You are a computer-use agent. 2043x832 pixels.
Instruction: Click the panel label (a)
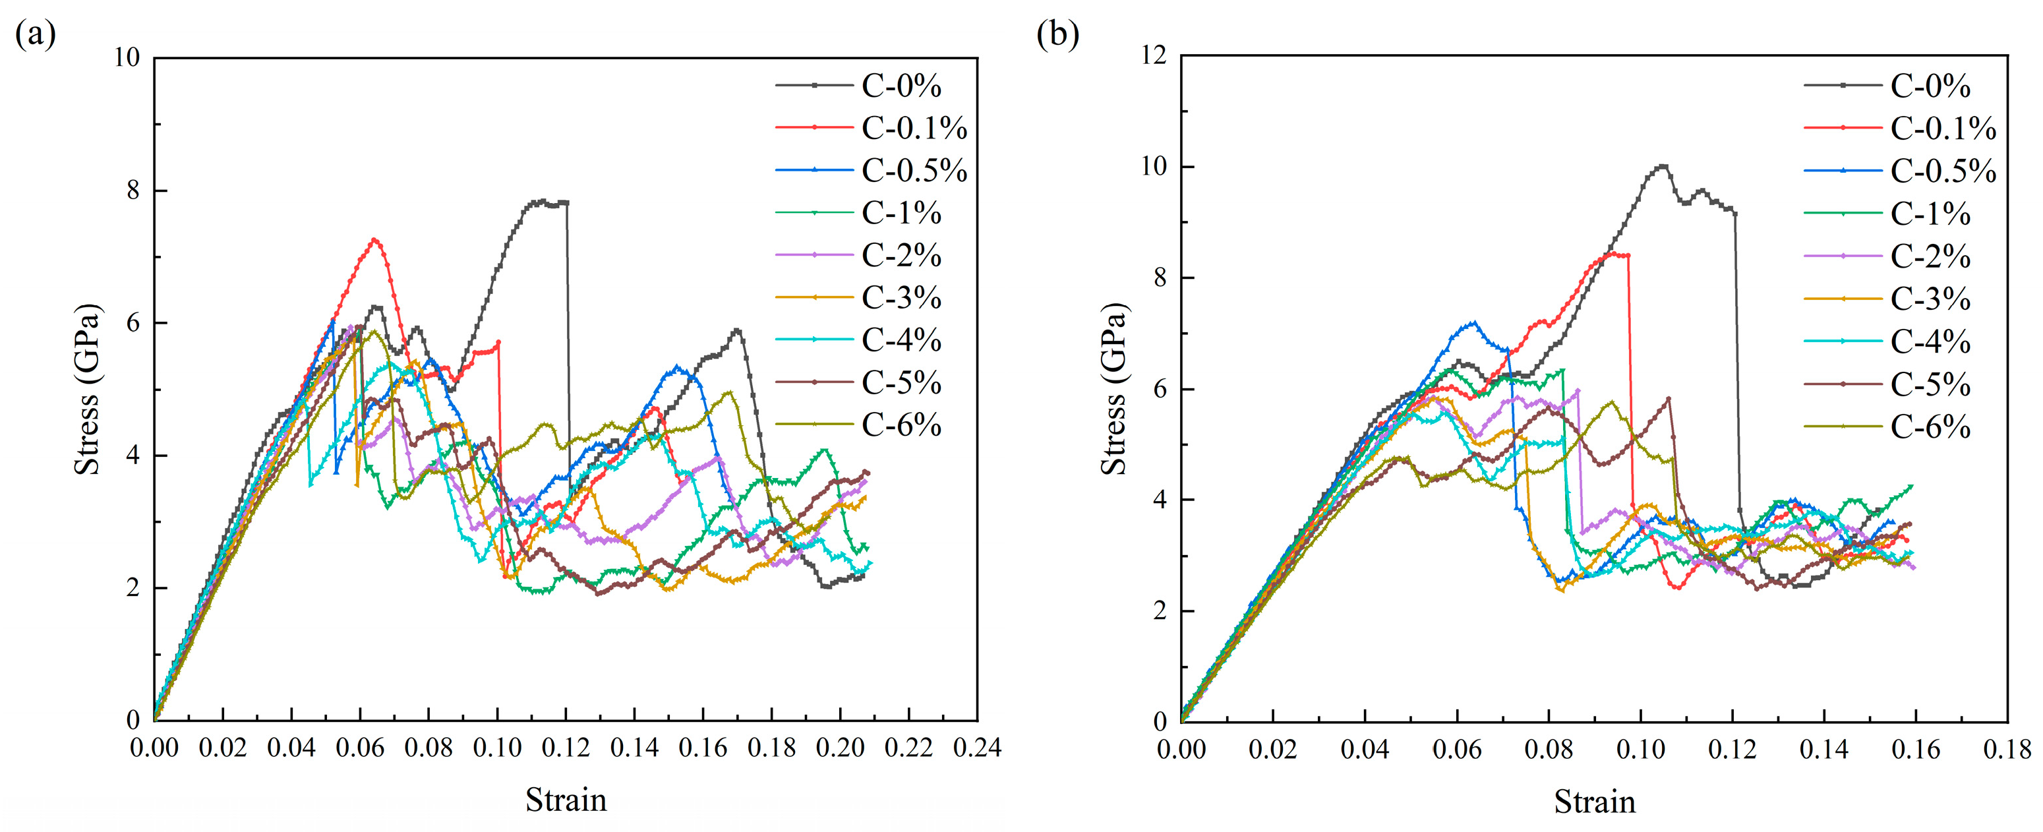pos(36,36)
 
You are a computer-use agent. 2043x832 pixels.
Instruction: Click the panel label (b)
pos(1058,36)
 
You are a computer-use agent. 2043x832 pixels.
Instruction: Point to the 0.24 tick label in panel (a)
pos(977,748)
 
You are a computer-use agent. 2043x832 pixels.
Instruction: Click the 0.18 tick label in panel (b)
pos(2007,750)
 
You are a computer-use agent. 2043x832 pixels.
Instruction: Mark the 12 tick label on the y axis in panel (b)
pos(1155,55)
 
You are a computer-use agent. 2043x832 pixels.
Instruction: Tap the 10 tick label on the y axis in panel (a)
pos(127,57)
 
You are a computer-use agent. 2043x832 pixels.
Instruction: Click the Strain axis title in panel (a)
pos(566,800)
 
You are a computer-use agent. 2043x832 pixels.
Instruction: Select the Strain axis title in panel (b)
pos(1594,801)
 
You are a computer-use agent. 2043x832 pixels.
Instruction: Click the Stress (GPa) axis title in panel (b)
pos(1113,388)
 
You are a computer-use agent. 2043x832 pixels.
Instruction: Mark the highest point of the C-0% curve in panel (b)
pos(1663,165)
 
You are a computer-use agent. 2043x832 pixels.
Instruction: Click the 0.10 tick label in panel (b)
pos(1640,750)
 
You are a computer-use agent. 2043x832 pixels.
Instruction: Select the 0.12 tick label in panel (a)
pos(566,748)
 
